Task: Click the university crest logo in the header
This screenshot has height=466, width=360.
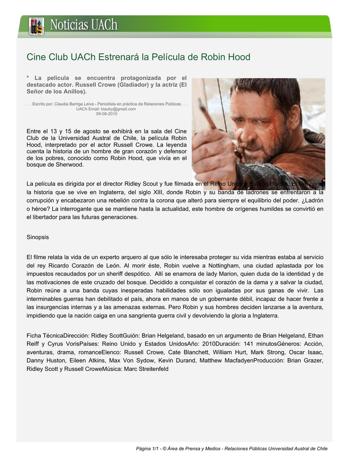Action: pyautogui.click(x=36, y=26)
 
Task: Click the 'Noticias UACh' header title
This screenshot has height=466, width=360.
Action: pyautogui.click(x=84, y=25)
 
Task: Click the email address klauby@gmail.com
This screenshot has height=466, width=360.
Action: pyautogui.click(x=118, y=109)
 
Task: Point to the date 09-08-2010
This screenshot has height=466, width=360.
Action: pyautogui.click(x=106, y=114)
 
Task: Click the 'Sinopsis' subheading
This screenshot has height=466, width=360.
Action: pyautogui.click(x=38, y=237)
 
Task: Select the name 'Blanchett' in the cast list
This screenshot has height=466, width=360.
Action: pyautogui.click(x=199, y=352)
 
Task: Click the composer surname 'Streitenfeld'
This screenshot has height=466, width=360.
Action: pyautogui.click(x=152, y=369)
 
